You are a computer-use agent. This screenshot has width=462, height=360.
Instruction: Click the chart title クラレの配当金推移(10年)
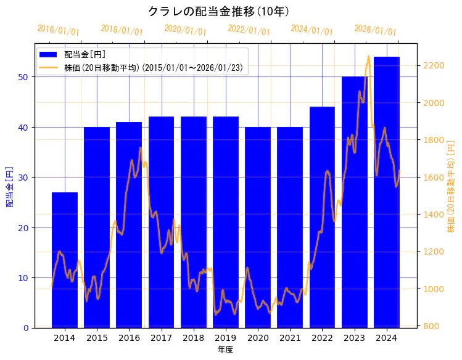tap(219, 11)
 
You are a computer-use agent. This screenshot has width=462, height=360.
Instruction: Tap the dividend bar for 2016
tap(129, 225)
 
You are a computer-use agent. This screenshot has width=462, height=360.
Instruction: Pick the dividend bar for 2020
tap(258, 227)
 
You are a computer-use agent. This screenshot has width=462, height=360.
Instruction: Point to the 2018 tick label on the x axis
tap(193, 338)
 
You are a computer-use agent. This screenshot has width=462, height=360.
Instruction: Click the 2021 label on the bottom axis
tap(290, 338)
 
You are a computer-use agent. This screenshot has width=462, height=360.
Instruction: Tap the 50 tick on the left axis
tap(23, 77)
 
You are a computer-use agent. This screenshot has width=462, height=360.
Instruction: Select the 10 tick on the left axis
tap(23, 278)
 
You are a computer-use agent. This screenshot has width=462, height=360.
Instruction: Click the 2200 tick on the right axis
tap(434, 65)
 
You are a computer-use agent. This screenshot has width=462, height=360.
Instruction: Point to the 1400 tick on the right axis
tap(434, 215)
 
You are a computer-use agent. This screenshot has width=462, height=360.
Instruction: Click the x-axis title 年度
tap(225, 350)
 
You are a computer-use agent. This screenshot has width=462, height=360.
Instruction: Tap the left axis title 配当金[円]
tap(10, 186)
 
